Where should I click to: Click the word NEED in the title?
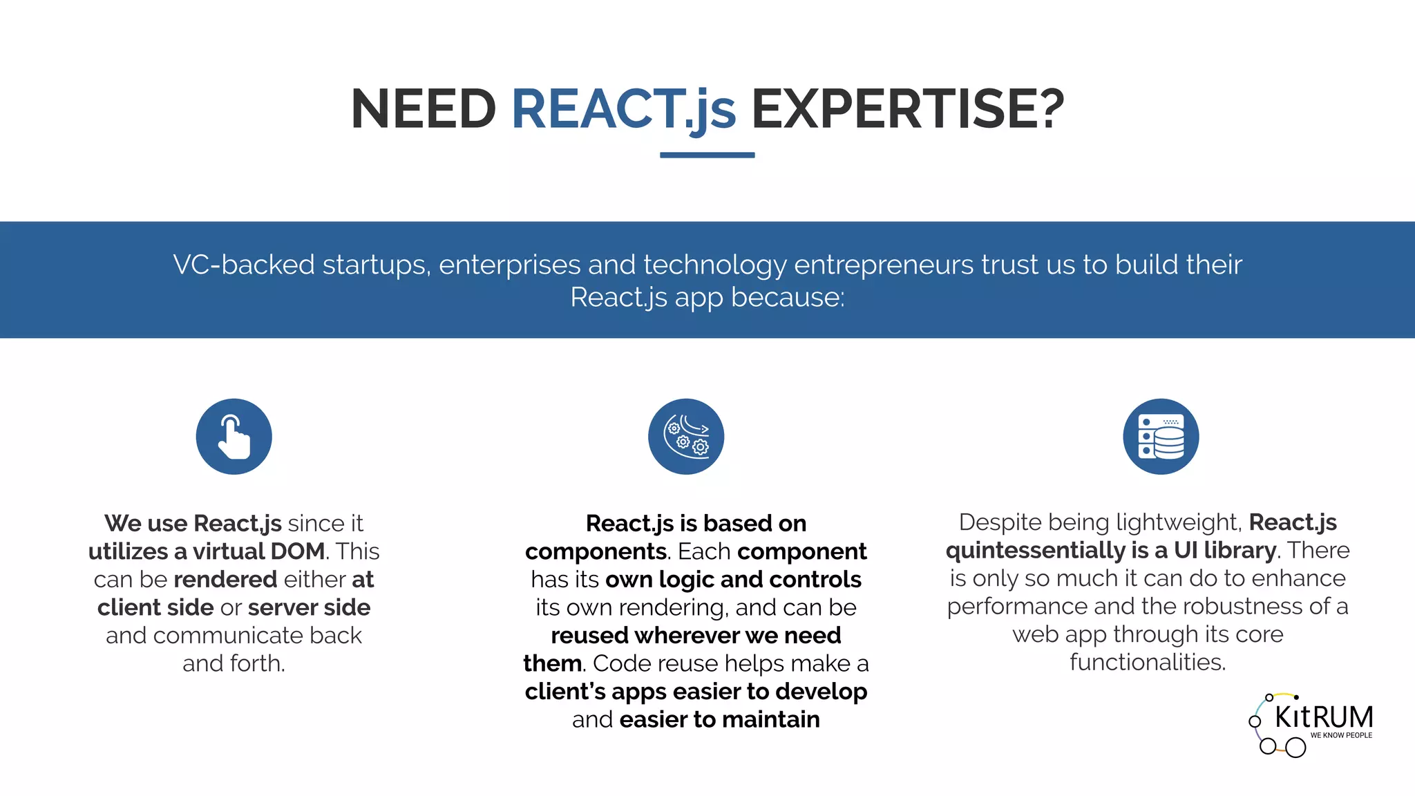pyautogui.click(x=423, y=109)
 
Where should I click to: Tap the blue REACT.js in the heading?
pyautogui.click(x=623, y=109)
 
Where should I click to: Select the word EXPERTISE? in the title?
pyautogui.click(x=907, y=109)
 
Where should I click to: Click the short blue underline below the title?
pyautogui.click(x=707, y=155)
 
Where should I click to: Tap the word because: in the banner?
pyautogui.click(x=788, y=298)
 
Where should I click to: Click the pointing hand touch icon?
pyautogui.click(x=234, y=437)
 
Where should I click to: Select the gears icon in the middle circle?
pyautogui.click(x=686, y=437)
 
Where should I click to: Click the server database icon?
pyautogui.click(x=1161, y=437)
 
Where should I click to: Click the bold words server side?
pyautogui.click(x=309, y=607)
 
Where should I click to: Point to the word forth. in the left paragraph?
pyautogui.click(x=257, y=663)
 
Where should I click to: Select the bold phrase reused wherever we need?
pyautogui.click(x=696, y=635)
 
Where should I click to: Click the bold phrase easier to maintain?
pyautogui.click(x=719, y=719)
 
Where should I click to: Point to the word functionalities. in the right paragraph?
pyautogui.click(x=1148, y=662)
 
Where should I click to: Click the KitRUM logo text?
pyautogui.click(x=1323, y=717)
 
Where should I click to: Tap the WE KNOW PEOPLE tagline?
pyautogui.click(x=1340, y=735)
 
